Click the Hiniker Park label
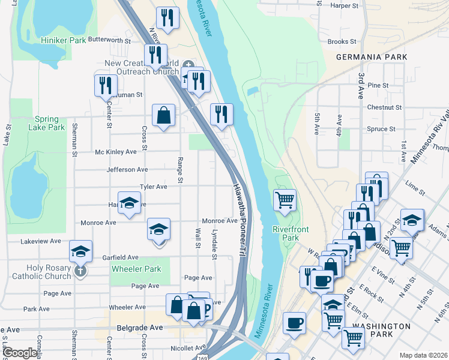(63, 40)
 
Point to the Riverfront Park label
(286, 233)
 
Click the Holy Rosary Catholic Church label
(40, 272)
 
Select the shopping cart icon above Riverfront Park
(285, 200)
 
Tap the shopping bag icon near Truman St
(163, 114)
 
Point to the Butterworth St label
(109, 40)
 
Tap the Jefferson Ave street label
(127, 170)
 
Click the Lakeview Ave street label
(41, 241)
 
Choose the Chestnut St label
(384, 107)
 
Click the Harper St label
(345, 5)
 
